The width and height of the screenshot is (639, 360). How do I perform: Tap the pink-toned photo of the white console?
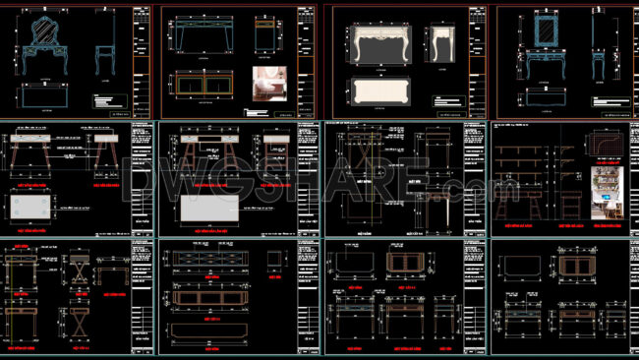click(269, 87)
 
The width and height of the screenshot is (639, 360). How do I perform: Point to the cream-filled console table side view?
click(438, 44)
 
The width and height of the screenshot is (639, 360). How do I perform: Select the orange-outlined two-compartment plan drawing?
click(200, 86)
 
